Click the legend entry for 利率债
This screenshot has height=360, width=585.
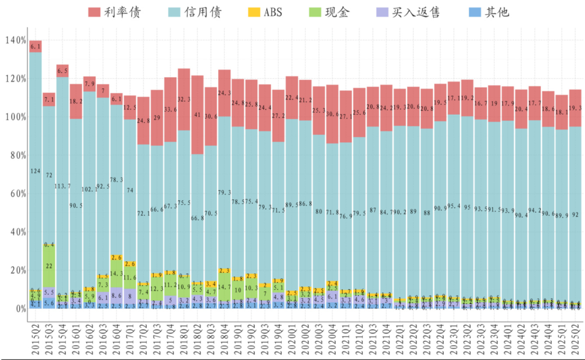tap(115, 12)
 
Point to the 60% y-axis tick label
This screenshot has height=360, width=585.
tap(16, 194)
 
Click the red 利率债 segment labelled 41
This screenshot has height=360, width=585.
tap(198, 115)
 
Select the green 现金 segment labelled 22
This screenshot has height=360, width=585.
tap(49, 266)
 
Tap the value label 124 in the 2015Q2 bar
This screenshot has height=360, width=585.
tap(35, 171)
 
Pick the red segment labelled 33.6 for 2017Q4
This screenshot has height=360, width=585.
tap(170, 109)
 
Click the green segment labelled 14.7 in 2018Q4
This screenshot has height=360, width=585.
tap(224, 287)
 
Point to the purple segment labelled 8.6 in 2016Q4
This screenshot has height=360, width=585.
tap(117, 296)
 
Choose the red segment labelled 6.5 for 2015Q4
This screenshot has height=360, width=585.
tap(63, 71)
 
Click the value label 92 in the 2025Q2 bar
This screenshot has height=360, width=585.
tap(575, 215)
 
